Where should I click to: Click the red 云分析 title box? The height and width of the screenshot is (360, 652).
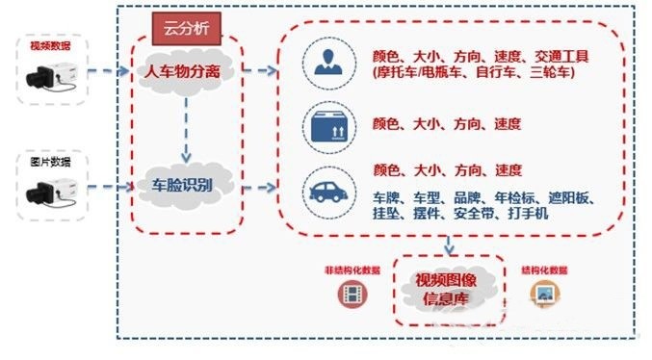tap(188, 28)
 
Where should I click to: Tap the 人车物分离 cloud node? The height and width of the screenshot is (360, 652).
tap(183, 71)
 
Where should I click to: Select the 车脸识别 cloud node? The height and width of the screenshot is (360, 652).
tap(183, 183)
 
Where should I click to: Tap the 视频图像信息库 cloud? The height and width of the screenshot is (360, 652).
tap(451, 287)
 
